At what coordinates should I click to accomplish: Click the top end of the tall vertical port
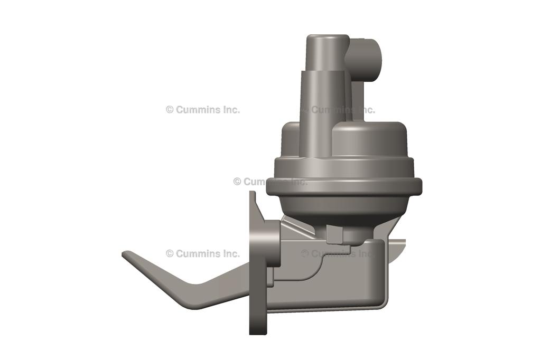tap(327, 39)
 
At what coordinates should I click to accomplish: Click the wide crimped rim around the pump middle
tap(344, 186)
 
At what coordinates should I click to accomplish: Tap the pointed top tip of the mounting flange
tap(252, 194)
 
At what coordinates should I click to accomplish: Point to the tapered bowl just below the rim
tap(343, 209)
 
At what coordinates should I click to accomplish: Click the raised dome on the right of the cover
tap(370, 138)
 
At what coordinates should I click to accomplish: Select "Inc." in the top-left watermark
tap(230, 110)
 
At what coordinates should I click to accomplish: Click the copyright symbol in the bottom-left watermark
tap(170, 253)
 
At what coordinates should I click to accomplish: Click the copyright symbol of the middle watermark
tap(237, 182)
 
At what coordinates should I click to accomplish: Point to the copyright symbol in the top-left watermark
tap(170, 110)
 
